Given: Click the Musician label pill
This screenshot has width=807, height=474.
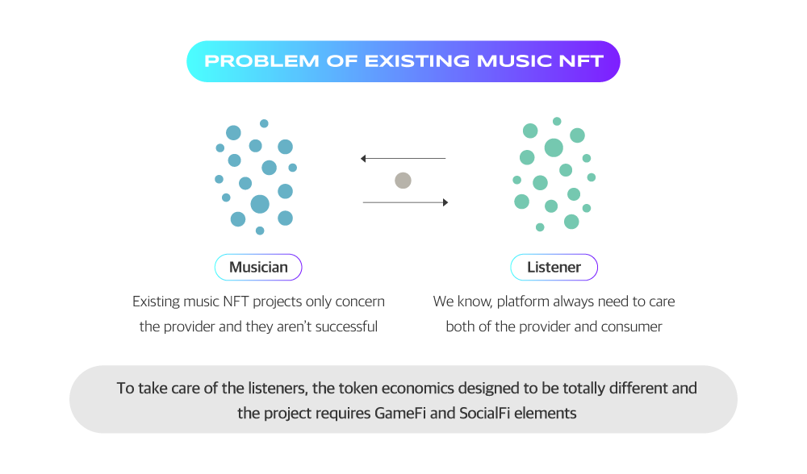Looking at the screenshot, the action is click(x=258, y=268).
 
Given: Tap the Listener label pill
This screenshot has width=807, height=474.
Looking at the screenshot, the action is click(x=554, y=268).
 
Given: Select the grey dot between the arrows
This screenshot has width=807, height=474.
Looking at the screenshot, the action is click(x=403, y=181).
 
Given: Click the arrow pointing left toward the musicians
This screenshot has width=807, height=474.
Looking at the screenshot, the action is click(x=403, y=158).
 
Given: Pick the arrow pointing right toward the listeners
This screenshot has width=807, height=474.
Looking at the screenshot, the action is click(x=406, y=202).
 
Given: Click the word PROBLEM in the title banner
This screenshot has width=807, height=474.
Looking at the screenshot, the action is click(x=261, y=61).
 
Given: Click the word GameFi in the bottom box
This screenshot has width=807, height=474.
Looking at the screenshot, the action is click(x=400, y=414).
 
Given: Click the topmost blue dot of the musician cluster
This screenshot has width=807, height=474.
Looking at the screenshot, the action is click(x=264, y=123).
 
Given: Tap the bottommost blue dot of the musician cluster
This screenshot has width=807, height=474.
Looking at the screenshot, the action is click(x=260, y=231).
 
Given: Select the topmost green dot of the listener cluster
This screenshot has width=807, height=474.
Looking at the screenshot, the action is click(x=557, y=122).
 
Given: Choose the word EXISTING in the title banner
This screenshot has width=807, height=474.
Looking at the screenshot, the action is click(x=417, y=61).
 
